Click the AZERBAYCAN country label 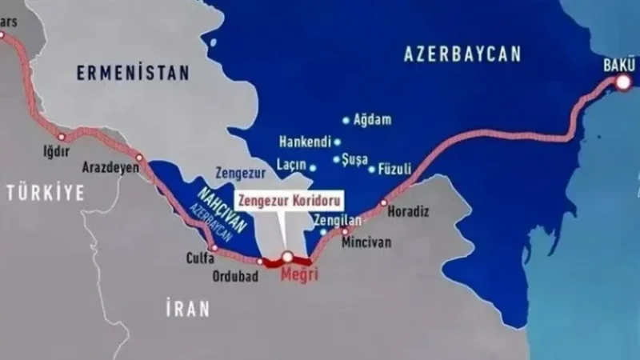tap(462, 54)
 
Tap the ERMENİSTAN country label tap(133, 73)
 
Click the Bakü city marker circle tap(622, 81)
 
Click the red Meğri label tap(301, 274)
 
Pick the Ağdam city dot tap(346, 121)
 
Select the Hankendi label tap(304, 142)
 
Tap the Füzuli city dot tap(372, 169)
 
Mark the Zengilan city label tap(339, 217)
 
